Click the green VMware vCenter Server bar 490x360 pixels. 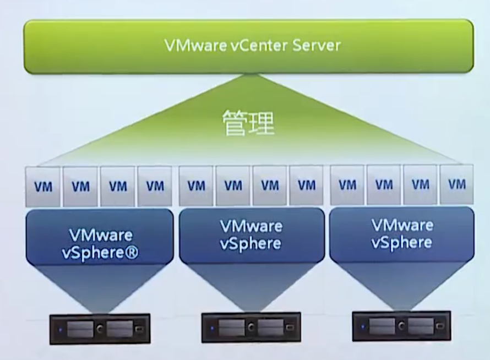pyautogui.click(x=248, y=46)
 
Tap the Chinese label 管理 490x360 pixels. pyautogui.click(x=248, y=123)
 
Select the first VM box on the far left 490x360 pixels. pyautogui.click(x=43, y=187)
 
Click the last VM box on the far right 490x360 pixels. pyautogui.click(x=456, y=184)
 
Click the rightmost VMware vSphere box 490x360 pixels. pyautogui.click(x=402, y=234)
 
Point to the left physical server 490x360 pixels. pyautogui.click(x=100, y=329)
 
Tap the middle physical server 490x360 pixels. pyautogui.click(x=251, y=328)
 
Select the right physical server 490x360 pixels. pyautogui.click(x=401, y=326)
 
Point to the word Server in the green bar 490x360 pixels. pyautogui.click(x=316, y=45)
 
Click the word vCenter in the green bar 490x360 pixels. pyautogui.click(x=257, y=45)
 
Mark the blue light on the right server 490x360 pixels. pyautogui.click(x=363, y=327)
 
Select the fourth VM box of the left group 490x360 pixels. pyautogui.click(x=155, y=187)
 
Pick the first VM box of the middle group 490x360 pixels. pyautogui.click(x=196, y=186)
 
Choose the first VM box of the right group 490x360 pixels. pyautogui.click(x=347, y=185)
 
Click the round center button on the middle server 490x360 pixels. pyautogui.click(x=251, y=328)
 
